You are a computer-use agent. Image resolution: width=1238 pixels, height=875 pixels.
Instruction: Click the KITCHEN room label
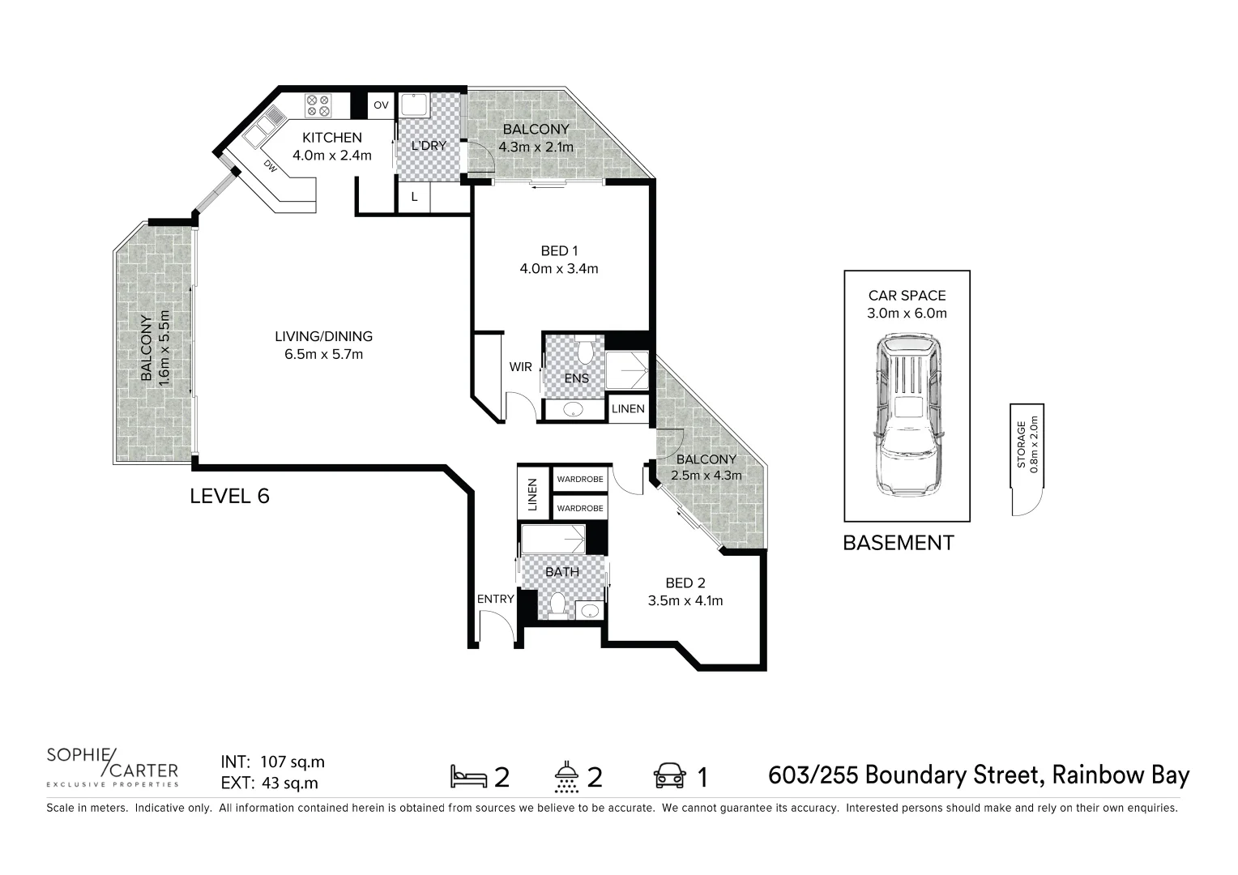(331, 138)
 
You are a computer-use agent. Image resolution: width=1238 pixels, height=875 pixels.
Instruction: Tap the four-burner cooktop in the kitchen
(317, 105)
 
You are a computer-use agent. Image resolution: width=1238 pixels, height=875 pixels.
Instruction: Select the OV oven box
(381, 106)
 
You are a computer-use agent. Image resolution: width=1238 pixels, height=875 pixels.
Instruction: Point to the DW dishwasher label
(270, 165)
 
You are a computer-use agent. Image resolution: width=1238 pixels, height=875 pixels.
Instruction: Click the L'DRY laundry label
(429, 146)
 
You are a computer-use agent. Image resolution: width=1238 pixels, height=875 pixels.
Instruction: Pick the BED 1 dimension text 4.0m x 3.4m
(558, 269)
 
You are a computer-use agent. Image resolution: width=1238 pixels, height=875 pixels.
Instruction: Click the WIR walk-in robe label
(520, 367)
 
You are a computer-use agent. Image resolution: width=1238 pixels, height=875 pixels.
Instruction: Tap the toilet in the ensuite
(584, 352)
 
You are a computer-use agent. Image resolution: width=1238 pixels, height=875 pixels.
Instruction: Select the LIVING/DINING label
(323, 336)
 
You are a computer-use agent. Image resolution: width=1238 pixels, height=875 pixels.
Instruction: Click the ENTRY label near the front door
(495, 599)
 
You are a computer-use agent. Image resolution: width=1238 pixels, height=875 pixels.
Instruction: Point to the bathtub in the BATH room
(553, 538)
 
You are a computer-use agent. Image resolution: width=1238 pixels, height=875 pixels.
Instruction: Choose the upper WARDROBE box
(579, 480)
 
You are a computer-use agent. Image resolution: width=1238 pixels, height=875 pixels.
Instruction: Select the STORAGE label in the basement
(1022, 445)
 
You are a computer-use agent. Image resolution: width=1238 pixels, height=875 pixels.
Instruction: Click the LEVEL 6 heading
(229, 496)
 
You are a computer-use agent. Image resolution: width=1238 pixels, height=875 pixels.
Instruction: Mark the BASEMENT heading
(898, 543)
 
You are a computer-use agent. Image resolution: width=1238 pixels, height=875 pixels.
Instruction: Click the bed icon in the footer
(468, 776)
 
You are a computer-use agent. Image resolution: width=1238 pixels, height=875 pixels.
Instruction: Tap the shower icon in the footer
(566, 776)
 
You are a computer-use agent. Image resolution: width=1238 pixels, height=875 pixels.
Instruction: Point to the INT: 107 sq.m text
(272, 762)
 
